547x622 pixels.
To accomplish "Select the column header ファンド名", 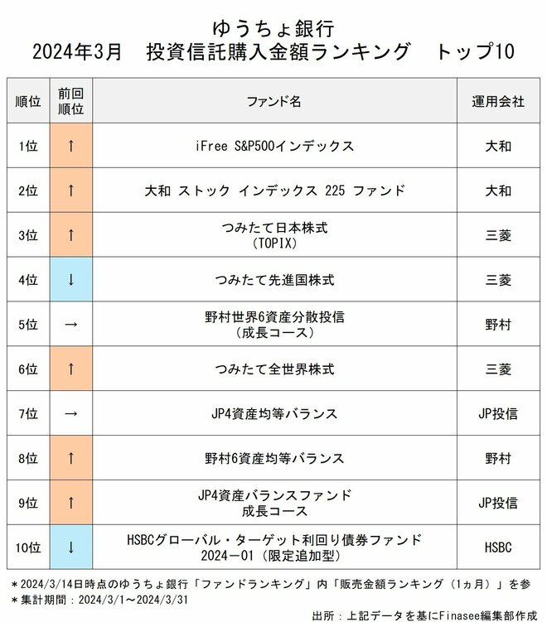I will point(273,101).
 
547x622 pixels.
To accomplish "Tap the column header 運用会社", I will point(498,101).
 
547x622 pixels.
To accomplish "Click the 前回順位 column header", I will point(71,101).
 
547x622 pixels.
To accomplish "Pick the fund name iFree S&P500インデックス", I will point(273,146).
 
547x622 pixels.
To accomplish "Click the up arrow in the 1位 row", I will point(71,146).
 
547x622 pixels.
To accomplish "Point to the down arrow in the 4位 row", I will point(71,280).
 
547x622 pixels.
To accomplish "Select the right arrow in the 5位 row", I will point(71,325).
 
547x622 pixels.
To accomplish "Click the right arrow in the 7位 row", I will point(71,413).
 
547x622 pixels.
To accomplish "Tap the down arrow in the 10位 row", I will point(71,547).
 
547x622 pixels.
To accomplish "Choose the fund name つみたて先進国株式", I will point(273,280).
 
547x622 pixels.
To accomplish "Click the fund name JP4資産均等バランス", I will point(273,413).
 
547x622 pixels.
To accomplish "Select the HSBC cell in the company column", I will point(498,547).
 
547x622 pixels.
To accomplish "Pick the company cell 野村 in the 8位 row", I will point(498,458).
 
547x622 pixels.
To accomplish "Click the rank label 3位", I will point(28,235).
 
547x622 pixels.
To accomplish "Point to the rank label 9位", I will point(28,503).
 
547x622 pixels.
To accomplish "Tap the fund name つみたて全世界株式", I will point(273,369).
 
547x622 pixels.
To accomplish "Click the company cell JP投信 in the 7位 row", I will point(498,413).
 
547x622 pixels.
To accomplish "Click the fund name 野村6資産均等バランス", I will point(273,458).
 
